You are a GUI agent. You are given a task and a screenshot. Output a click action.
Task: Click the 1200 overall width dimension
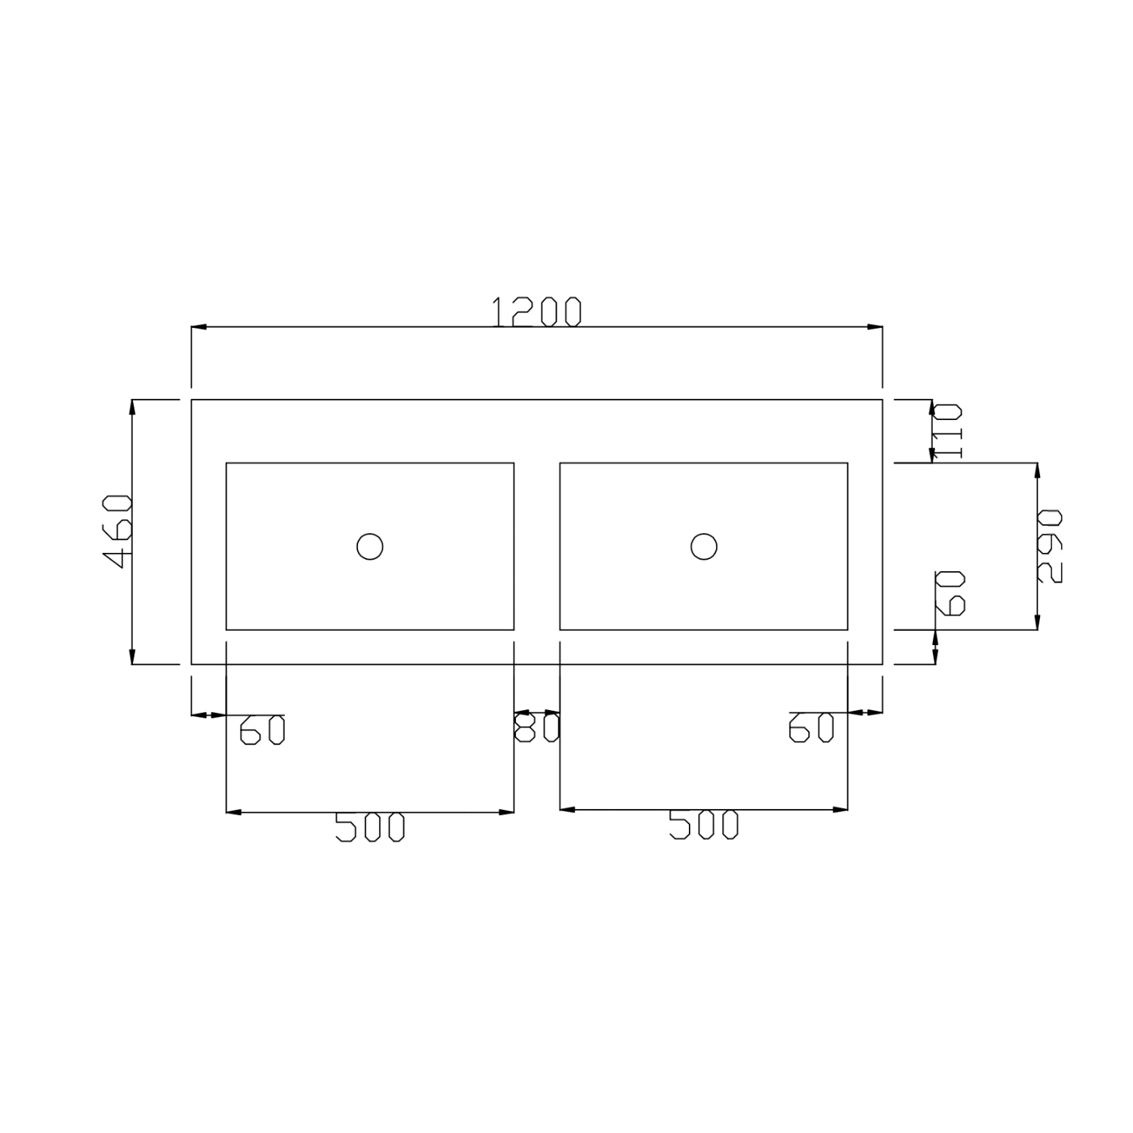tap(537, 312)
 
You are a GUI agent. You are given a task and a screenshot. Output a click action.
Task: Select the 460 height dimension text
tap(118, 532)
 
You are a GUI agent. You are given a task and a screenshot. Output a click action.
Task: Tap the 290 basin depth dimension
tap(1049, 545)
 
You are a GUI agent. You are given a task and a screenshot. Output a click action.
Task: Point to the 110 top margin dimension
tap(946, 431)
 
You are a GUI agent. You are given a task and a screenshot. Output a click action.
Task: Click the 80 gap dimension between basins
tap(537, 728)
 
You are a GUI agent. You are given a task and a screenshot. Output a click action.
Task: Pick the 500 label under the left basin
tap(370, 828)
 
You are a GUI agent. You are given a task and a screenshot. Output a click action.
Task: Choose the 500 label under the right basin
tap(704, 826)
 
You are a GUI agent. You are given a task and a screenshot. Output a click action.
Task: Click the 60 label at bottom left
tap(262, 730)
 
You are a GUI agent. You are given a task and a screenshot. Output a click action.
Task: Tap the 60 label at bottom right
tap(811, 728)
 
